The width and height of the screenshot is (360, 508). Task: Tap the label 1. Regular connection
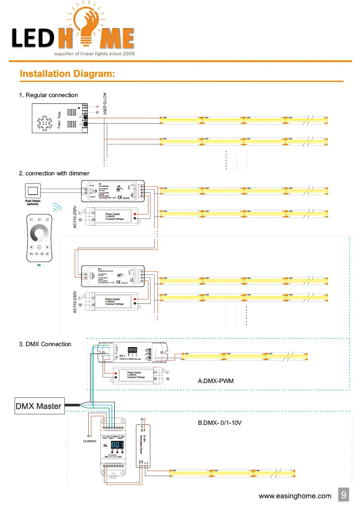click(48, 95)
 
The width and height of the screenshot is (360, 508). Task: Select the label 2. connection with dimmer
click(54, 173)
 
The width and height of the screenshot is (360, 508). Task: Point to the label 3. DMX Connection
click(45, 344)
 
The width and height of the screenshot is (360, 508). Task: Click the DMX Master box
click(39, 406)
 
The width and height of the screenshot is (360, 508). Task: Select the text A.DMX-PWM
click(216, 381)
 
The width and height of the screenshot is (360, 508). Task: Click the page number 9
click(343, 495)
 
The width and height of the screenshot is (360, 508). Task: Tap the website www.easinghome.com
click(295, 496)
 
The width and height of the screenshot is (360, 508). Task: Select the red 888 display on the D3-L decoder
click(133, 349)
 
